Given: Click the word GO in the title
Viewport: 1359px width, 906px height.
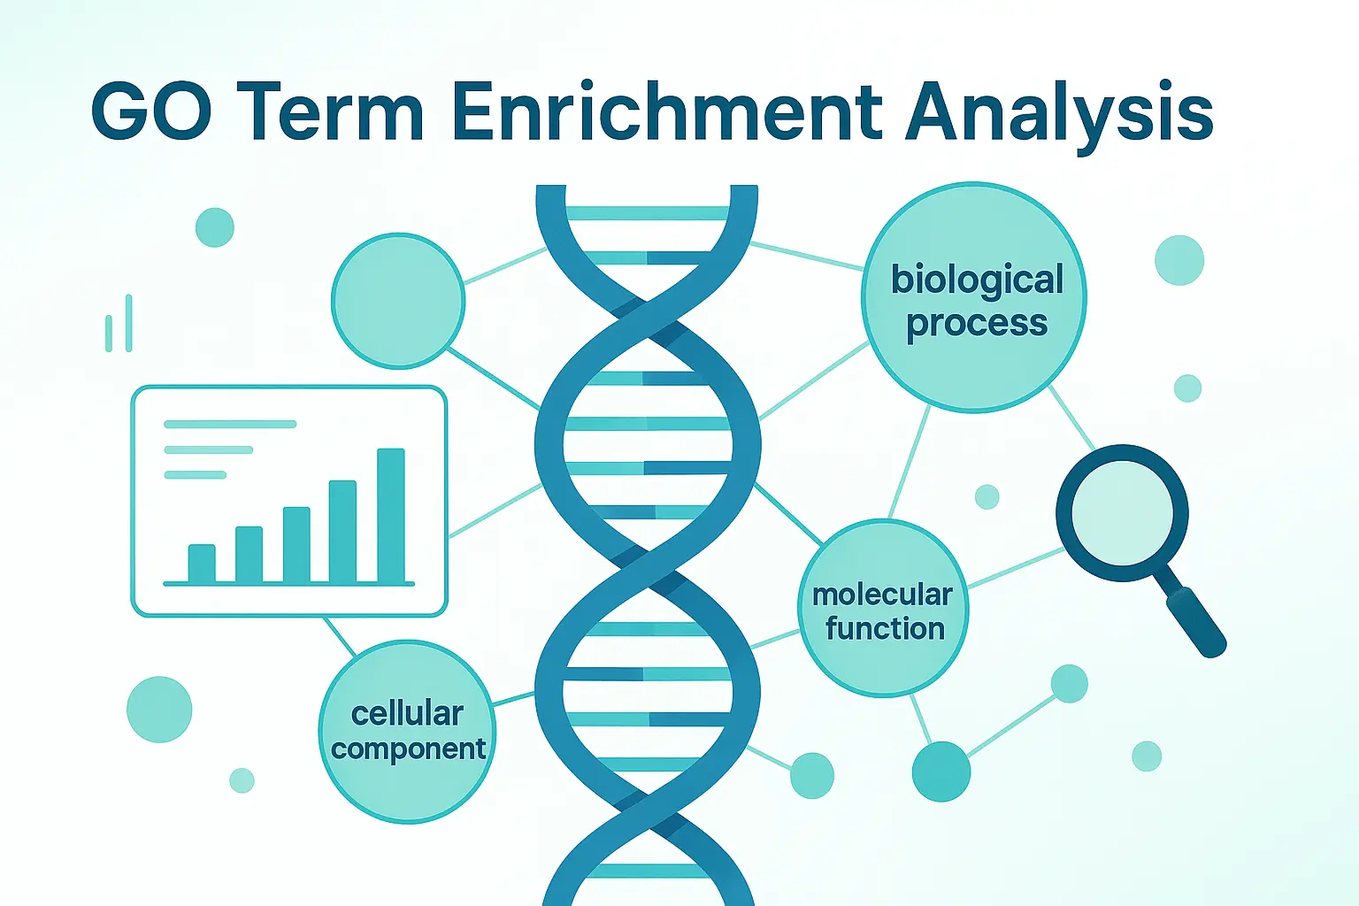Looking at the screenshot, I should point(152,113).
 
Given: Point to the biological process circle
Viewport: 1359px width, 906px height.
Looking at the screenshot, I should point(974,298).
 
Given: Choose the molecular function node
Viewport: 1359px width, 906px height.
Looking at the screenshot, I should point(884,609).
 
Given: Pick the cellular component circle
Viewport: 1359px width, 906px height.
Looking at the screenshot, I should point(407,731).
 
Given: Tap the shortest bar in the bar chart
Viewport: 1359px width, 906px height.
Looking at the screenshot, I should point(202,564).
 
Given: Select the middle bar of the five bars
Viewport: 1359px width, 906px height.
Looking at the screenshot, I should point(296,545).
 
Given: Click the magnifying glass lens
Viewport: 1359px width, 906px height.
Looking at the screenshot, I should point(1122,512).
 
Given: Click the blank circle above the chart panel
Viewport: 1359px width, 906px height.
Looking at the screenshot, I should point(398,301).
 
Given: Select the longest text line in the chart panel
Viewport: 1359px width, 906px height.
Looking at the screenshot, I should point(230,424).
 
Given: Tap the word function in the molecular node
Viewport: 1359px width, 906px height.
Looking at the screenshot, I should point(885,628).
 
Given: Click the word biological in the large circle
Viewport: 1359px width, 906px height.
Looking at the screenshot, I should point(977,280).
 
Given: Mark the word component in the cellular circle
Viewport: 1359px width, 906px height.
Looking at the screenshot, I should point(408,749).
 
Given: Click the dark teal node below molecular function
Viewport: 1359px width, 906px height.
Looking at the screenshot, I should point(941,772).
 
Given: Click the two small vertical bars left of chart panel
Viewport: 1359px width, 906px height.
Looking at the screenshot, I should point(119,324).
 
